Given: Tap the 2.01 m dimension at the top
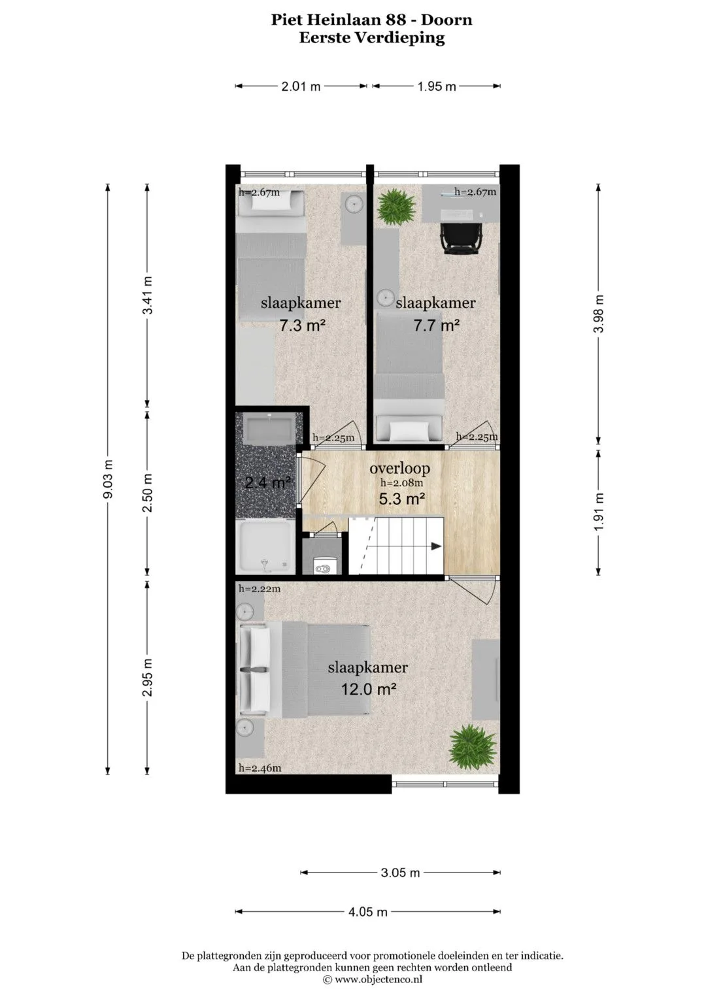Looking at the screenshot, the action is (x=301, y=86).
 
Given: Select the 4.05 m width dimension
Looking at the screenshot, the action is (x=367, y=912).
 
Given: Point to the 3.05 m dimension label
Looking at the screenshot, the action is (x=400, y=873).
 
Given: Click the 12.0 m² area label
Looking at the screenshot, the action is (x=369, y=690).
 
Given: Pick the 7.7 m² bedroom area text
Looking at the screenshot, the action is (x=437, y=325).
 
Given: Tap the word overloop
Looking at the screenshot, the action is (x=400, y=468).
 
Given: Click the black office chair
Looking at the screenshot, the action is (x=462, y=238).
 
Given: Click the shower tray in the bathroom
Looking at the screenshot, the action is (x=265, y=546).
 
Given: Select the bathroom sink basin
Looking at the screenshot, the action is (x=269, y=428).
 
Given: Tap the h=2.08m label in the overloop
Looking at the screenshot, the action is (x=401, y=482).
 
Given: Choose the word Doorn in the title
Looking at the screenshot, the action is (x=447, y=20).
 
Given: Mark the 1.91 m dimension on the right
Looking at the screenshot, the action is (x=599, y=512).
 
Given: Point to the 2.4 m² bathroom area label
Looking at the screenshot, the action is (x=268, y=482).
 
